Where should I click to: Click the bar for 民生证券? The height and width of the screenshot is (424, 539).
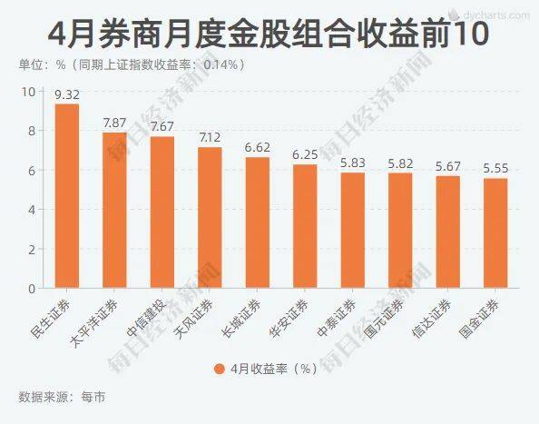tap(67, 196)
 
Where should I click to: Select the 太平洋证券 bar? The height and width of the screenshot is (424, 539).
tap(114, 210)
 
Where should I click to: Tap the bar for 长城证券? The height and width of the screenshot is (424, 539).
tap(258, 222)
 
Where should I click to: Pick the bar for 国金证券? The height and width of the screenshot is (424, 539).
tap(495, 233)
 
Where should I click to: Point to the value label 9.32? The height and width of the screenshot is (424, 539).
tap(67, 95)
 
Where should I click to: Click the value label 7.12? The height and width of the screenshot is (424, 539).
tap(210, 138)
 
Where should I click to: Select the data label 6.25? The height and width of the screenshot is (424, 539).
tap(305, 154)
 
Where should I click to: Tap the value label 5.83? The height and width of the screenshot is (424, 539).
tap(353, 163)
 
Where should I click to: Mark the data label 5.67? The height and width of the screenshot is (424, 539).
tap(448, 166)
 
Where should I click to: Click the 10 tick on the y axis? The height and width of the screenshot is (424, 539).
tap(28, 92)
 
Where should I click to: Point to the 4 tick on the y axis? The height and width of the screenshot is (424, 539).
tap(32, 210)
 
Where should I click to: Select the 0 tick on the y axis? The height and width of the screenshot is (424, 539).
tap(32, 289)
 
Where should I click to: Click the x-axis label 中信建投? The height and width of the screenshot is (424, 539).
tap(146, 317)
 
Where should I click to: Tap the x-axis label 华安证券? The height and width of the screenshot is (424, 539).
tap(289, 318)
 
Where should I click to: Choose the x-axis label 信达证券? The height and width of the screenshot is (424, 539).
tap(431, 318)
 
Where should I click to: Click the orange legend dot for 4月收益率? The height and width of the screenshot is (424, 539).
tap(220, 369)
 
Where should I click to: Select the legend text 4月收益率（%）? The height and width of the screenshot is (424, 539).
tap(274, 369)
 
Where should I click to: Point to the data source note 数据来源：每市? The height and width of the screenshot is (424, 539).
tap(62, 397)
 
